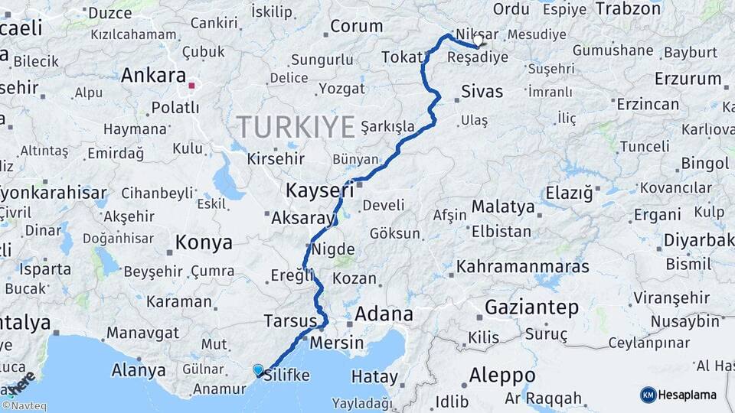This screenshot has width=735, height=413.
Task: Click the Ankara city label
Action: point(153,76)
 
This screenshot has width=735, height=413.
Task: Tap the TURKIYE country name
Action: point(296,126)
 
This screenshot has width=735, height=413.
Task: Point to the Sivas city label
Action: point(482,93)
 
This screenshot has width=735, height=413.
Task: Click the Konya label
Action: point(204,243)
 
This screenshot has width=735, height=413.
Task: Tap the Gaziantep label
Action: point(531,307)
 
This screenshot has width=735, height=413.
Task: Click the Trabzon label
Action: point(628,9)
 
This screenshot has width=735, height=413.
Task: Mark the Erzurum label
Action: point(688,79)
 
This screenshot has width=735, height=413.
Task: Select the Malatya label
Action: point(502,206)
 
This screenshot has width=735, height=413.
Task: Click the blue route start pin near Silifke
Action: point(258,370)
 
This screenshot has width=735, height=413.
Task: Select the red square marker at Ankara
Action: point(192,86)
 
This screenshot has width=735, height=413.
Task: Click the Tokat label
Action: point(402,57)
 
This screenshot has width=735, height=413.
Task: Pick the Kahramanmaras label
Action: point(523,267)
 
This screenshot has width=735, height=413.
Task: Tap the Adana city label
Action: point(383,314)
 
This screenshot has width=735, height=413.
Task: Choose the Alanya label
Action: point(139,371)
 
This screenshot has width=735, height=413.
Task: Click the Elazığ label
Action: point(569,193)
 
